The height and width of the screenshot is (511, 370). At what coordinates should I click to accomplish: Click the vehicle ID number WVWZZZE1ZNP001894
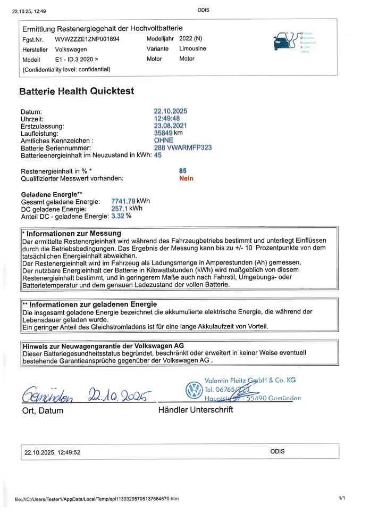pyautogui.click(x=87, y=39)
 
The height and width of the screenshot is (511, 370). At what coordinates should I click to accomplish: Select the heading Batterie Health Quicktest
pyautogui.click(x=77, y=91)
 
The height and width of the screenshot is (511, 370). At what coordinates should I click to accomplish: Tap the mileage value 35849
pyautogui.click(x=163, y=133)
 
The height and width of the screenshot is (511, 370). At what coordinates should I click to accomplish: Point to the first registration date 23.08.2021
pyautogui.click(x=171, y=126)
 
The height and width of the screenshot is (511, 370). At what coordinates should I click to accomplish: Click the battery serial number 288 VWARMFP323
pyautogui.click(x=182, y=147)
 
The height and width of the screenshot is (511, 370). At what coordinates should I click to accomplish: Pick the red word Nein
pyautogui.click(x=187, y=178)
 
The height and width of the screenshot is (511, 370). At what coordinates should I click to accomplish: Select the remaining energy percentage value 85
pyautogui.click(x=183, y=170)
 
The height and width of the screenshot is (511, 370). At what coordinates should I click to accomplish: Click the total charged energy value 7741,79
pyautogui.click(x=123, y=201)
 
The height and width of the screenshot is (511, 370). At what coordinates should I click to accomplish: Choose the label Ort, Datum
pyautogui.click(x=43, y=410)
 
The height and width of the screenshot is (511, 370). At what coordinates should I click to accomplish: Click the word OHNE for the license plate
pyautogui.click(x=163, y=141)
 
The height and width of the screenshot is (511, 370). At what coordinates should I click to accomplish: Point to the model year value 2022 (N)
pyautogui.click(x=191, y=39)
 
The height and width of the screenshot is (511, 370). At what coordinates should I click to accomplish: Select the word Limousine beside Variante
pyautogui.click(x=192, y=48)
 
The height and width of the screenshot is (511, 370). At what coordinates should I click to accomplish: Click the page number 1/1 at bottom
pyautogui.click(x=341, y=498)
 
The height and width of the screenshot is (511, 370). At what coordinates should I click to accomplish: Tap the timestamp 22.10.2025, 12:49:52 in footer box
pyautogui.click(x=53, y=452)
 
